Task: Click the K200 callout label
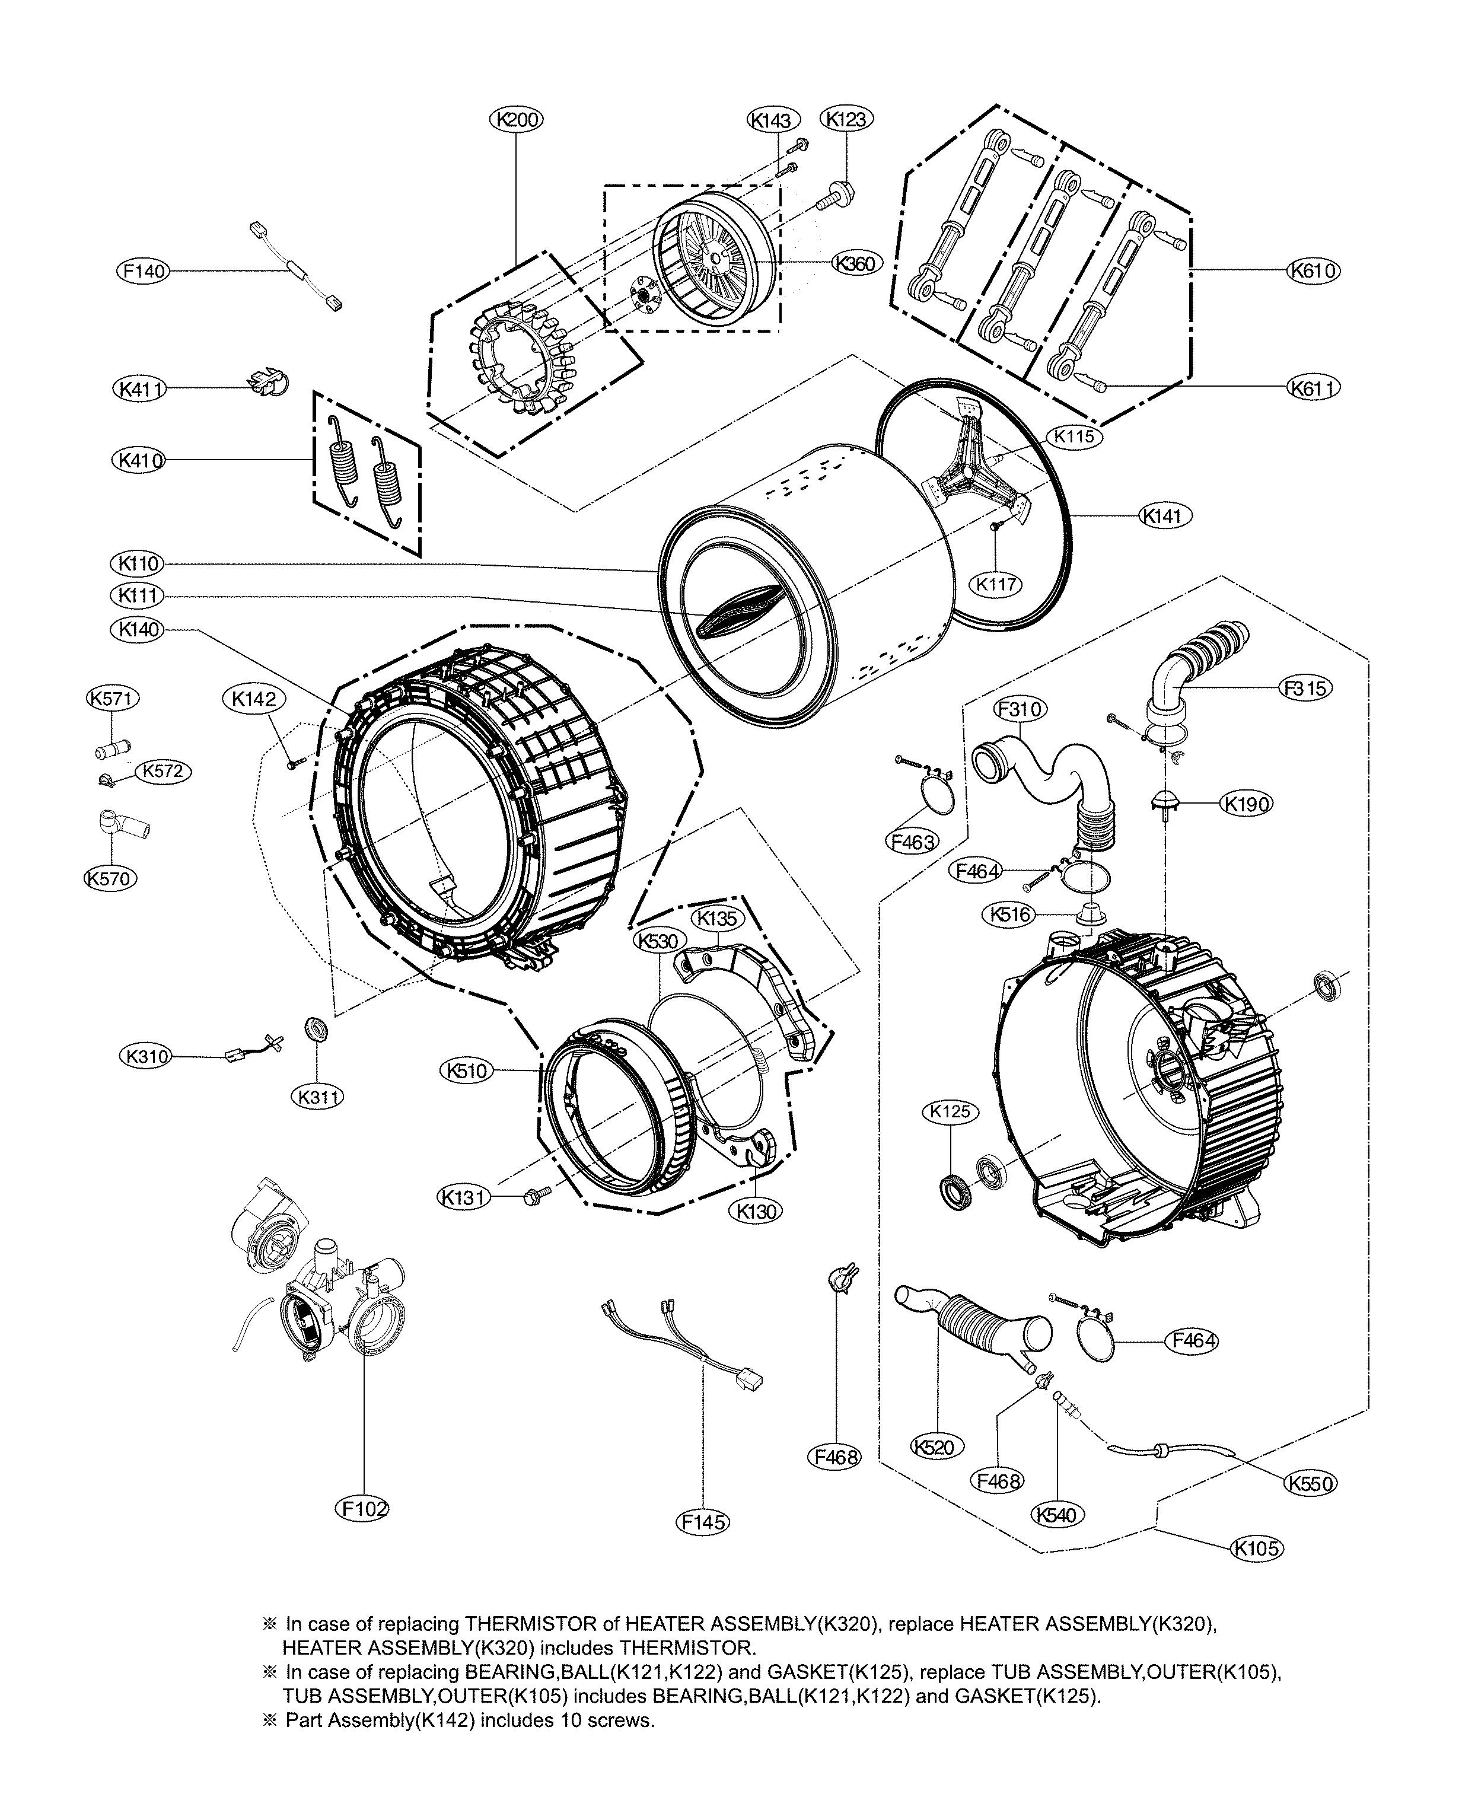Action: tap(517, 120)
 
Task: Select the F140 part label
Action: tap(142, 272)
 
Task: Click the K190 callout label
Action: tap(1247, 803)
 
